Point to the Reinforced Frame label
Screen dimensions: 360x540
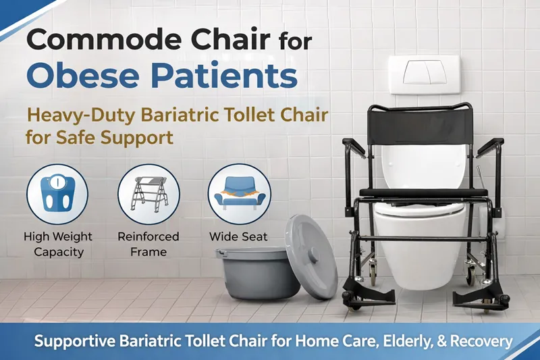(x=148, y=245)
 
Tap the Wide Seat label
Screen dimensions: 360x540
(x=238, y=237)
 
